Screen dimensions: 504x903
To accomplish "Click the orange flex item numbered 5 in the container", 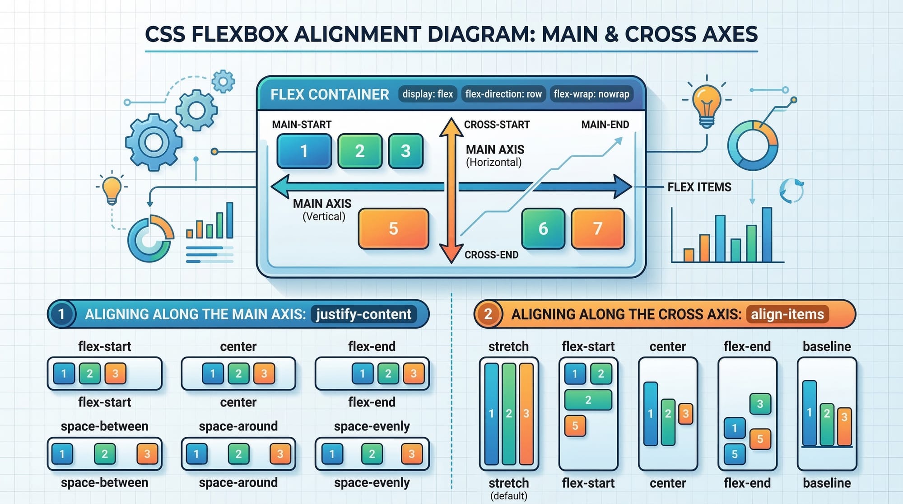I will pyautogui.click(x=393, y=229).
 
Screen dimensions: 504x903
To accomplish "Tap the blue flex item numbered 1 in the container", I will pyautogui.click(x=304, y=151).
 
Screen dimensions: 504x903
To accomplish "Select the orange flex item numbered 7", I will pyautogui.click(x=597, y=229).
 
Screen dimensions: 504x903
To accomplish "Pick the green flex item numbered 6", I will pyautogui.click(x=543, y=229).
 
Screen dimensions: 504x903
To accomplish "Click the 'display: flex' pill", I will pyautogui.click(x=428, y=94).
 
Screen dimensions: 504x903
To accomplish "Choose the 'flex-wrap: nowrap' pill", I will pyautogui.click(x=591, y=94).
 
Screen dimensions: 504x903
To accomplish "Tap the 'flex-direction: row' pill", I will pyautogui.click(x=503, y=94).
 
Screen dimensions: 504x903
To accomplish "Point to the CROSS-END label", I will pyautogui.click(x=491, y=255).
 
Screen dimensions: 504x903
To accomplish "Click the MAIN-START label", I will pyautogui.click(x=302, y=125).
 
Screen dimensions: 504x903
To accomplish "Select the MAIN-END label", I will pyautogui.click(x=605, y=125).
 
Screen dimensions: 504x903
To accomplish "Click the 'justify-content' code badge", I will pyautogui.click(x=363, y=314).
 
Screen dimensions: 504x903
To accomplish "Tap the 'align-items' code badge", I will pyautogui.click(x=787, y=314).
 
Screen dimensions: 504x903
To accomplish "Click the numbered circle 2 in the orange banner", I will pyautogui.click(x=488, y=314).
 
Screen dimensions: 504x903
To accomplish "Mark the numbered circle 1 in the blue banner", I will pyautogui.click(x=61, y=314).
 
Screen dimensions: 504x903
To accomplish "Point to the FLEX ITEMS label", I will pyautogui.click(x=699, y=187).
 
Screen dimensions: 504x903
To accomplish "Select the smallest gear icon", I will pyautogui.click(x=223, y=82).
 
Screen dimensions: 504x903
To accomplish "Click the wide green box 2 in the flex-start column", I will pyautogui.click(x=588, y=400).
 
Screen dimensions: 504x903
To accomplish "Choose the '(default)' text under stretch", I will pyautogui.click(x=508, y=496).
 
